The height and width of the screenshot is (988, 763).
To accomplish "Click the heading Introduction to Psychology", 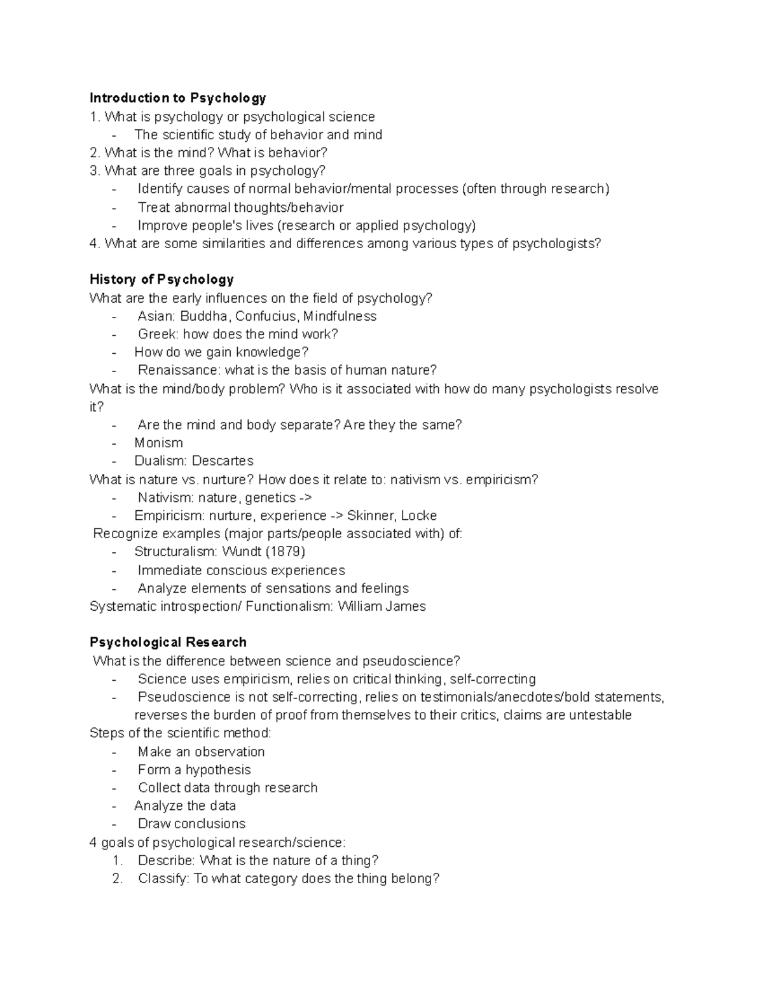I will (x=177, y=98).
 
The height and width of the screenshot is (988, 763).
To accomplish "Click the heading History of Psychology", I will (x=162, y=279).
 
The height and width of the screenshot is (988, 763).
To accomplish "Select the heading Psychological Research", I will (x=168, y=642).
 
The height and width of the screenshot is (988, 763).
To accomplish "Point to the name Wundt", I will (x=242, y=551).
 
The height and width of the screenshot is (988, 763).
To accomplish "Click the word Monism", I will (x=158, y=443).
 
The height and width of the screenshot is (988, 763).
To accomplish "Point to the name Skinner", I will (x=370, y=515).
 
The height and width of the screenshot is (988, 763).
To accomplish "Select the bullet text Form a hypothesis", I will (x=194, y=770).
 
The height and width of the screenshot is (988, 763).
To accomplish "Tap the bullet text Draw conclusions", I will (x=191, y=824).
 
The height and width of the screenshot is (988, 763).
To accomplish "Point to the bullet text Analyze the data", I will (x=185, y=806).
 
